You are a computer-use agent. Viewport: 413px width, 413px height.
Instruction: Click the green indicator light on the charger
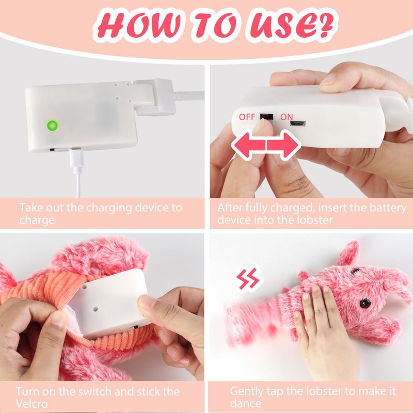click(x=52, y=125)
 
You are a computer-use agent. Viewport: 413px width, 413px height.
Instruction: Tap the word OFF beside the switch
click(x=247, y=117)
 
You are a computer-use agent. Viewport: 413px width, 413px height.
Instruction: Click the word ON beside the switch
click(x=287, y=117)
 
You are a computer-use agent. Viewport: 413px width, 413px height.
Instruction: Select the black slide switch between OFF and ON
click(x=266, y=117)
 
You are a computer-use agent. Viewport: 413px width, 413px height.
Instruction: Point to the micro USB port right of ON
click(x=298, y=123)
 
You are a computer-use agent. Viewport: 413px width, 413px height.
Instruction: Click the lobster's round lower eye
click(x=366, y=303)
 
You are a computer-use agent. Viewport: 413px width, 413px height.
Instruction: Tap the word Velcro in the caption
click(x=31, y=403)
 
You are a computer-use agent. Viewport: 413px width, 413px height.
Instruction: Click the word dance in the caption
click(x=246, y=403)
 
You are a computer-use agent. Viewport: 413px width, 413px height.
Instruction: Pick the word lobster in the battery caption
click(x=315, y=220)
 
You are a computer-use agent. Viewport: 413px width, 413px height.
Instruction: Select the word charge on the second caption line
click(x=37, y=220)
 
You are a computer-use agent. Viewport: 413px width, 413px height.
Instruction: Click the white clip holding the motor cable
click(x=155, y=97)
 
